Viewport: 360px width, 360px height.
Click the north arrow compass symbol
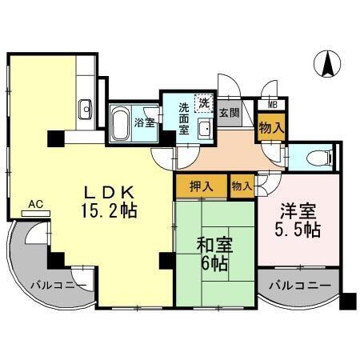click(326, 64)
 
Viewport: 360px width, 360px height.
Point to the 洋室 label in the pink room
click(298, 213)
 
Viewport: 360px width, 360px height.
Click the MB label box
click(272, 104)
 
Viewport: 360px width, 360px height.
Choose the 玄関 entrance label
click(229, 112)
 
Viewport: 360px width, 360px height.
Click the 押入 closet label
click(201, 186)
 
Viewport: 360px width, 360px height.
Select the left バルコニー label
click(54, 284)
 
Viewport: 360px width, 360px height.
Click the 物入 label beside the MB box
click(271, 125)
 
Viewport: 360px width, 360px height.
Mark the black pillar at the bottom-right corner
click(347, 302)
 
